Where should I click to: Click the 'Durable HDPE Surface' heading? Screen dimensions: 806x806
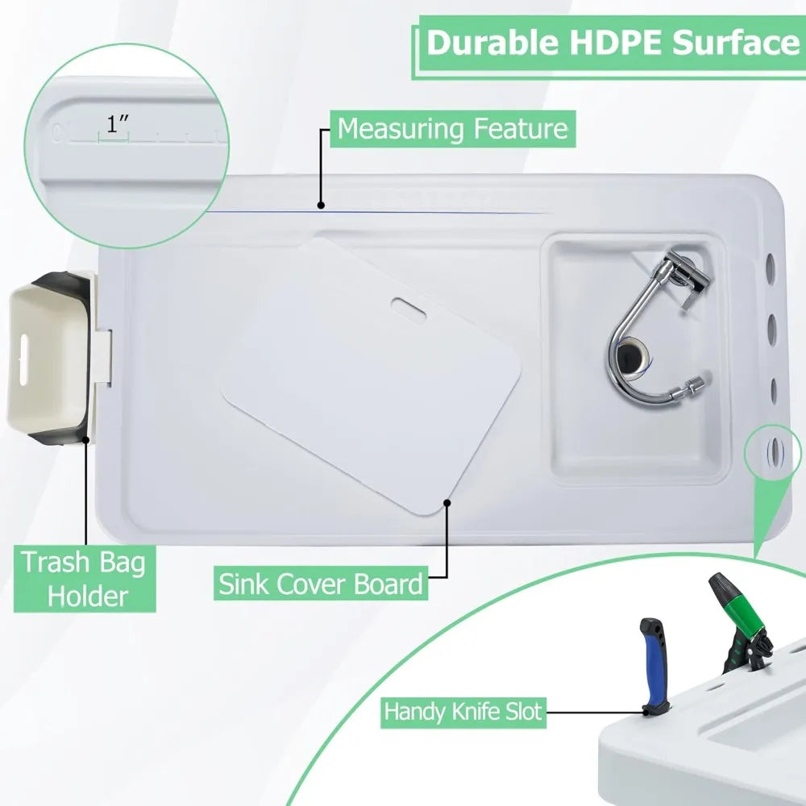613,43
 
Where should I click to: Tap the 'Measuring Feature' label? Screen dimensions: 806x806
452,128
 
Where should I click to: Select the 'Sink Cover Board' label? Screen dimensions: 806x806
321,584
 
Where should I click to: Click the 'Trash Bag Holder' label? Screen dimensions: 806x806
85,580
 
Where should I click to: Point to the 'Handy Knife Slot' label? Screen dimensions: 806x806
463,712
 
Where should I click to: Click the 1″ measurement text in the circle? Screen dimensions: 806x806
117,124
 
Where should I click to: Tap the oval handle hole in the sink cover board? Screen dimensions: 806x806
409,310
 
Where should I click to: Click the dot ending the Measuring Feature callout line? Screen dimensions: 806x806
322,205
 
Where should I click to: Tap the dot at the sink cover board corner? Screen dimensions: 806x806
447,503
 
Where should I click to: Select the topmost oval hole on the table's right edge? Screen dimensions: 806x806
771,266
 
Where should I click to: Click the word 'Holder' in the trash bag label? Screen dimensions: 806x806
87,596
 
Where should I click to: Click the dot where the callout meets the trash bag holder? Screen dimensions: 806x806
86,439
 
